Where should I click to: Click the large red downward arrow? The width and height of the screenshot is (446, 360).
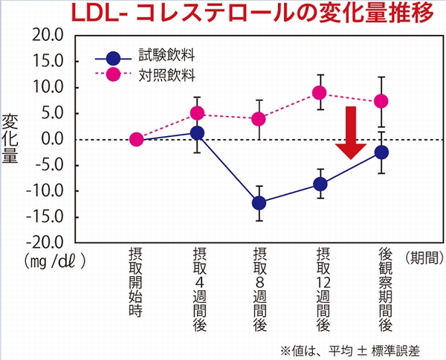[x=352, y=132]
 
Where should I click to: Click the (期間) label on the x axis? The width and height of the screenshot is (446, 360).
[x=425, y=258]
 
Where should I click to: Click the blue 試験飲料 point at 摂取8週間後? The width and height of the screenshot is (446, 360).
[x=259, y=202]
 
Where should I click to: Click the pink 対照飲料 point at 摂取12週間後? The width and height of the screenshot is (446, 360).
[x=320, y=93]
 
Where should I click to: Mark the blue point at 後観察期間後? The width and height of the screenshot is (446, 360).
[x=382, y=152]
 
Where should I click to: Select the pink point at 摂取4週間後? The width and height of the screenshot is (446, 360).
[x=198, y=113]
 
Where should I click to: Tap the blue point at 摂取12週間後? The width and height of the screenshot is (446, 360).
[x=320, y=184]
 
